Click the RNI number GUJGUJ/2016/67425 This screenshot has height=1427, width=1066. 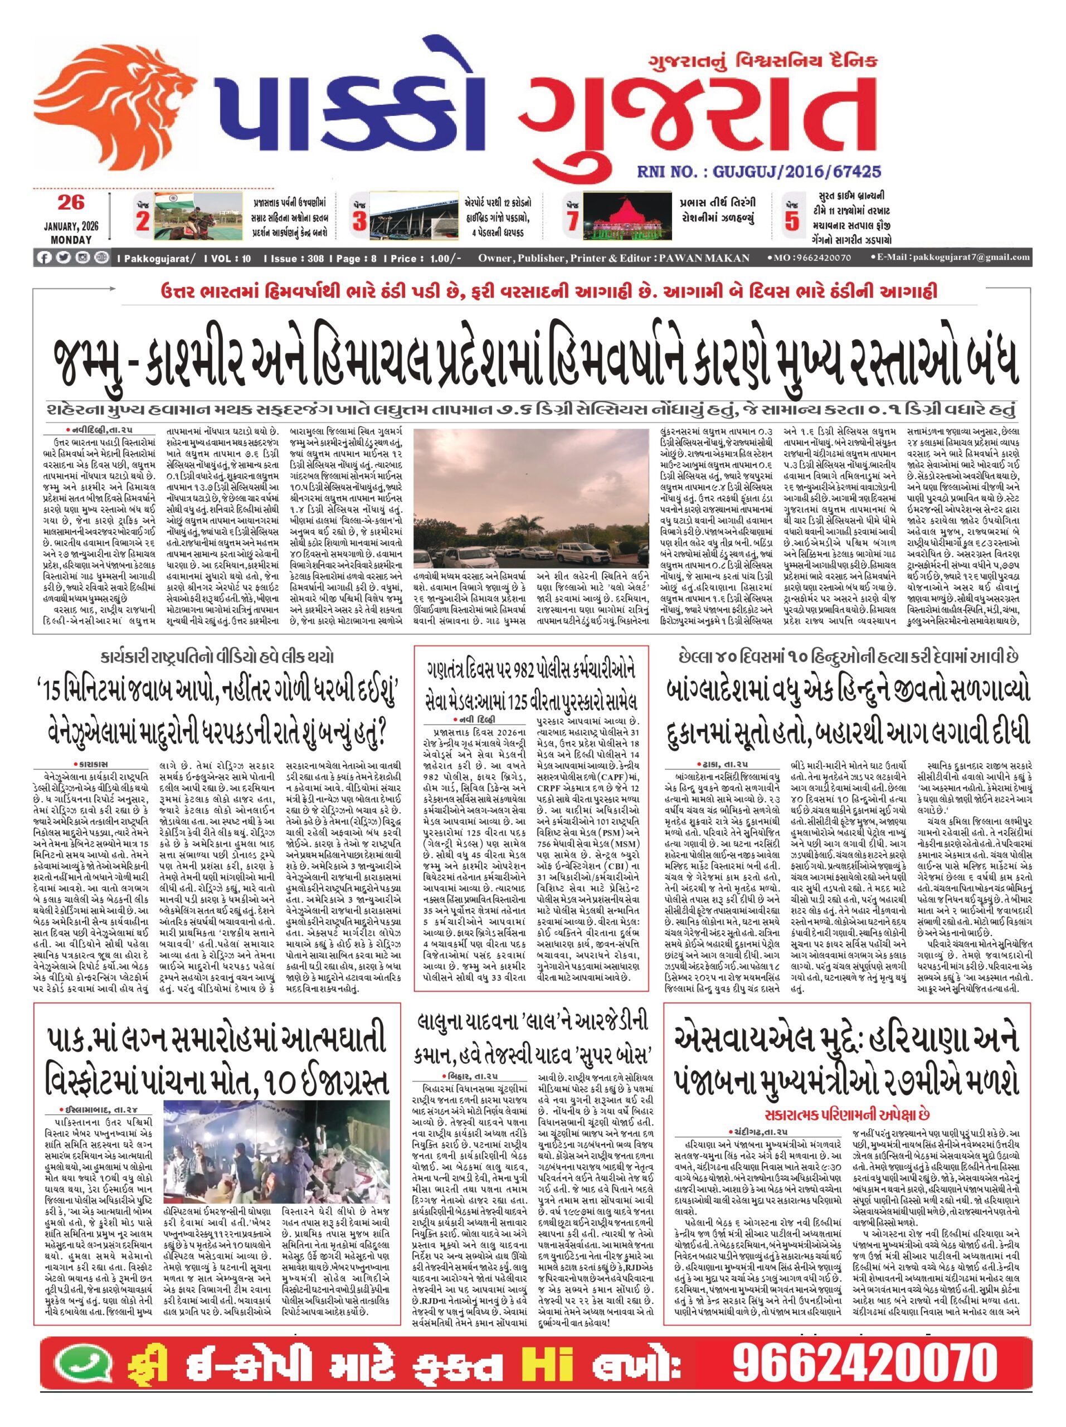click(758, 172)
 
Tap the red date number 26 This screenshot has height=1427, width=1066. click(71, 202)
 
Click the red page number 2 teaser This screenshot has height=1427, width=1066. click(143, 222)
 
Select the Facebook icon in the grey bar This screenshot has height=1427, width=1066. click(45, 258)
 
